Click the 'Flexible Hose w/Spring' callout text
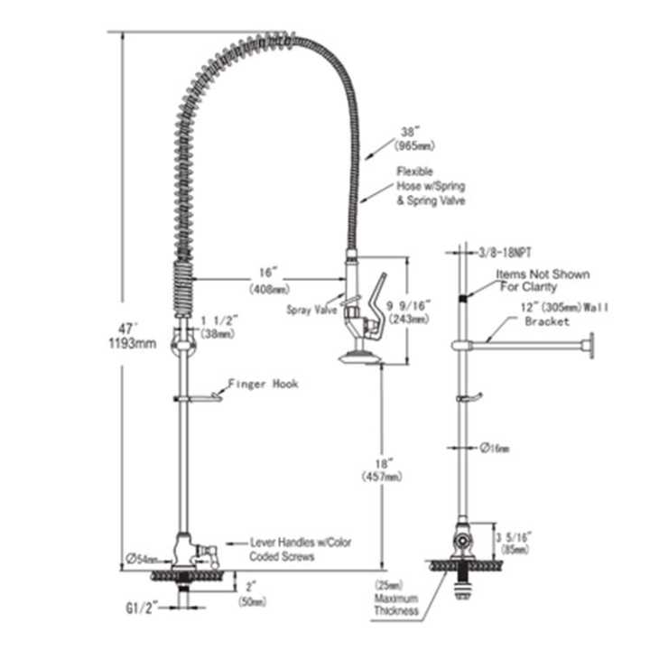(430, 185)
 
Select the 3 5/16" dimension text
(512, 541)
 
